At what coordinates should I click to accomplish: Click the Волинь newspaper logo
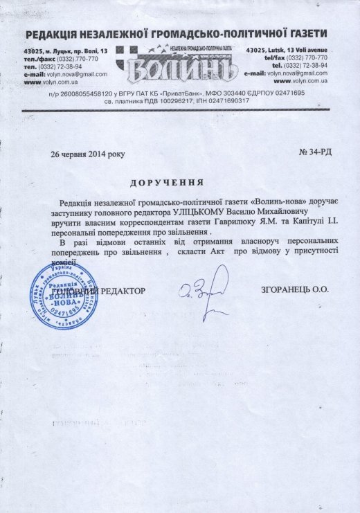[x=178, y=63]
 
